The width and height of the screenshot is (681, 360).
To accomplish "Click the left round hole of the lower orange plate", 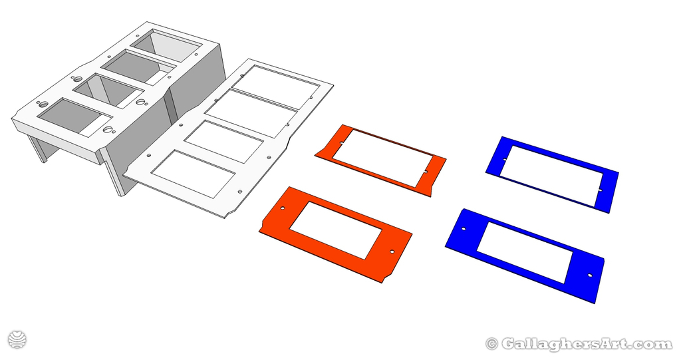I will pyautogui.click(x=282, y=208).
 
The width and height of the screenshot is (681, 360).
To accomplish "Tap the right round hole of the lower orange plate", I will pyautogui.click(x=392, y=252).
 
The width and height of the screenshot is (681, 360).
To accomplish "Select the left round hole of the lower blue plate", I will pyautogui.click(x=464, y=229).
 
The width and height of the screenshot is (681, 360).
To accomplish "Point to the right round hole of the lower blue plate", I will pyautogui.click(x=589, y=274).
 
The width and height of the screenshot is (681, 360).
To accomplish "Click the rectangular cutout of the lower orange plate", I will pyautogui.click(x=336, y=230).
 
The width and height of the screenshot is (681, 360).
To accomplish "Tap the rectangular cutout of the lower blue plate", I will pyautogui.click(x=525, y=251).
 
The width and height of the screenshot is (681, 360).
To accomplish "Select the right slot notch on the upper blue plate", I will pyautogui.click(x=599, y=190).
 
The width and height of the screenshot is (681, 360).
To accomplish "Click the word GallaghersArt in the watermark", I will pyautogui.click(x=586, y=344).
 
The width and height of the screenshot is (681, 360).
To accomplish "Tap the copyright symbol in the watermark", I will pyautogui.click(x=492, y=344).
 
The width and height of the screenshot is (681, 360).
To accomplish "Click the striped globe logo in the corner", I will pyautogui.click(x=17, y=339).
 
